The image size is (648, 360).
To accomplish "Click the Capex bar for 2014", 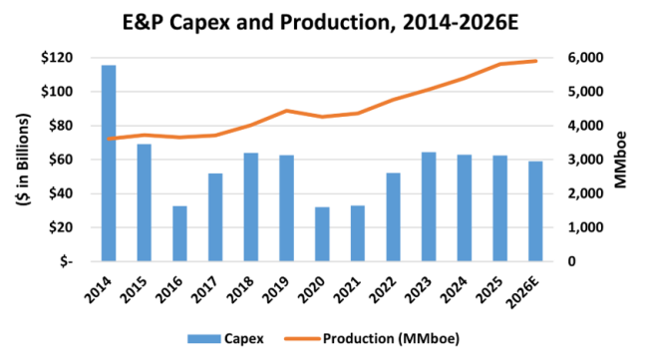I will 109,163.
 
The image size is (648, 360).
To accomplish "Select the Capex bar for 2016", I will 179,233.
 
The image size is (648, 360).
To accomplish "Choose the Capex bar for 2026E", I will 535,210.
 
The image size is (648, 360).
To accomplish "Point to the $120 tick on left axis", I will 74,58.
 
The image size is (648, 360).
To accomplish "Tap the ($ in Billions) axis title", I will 22,159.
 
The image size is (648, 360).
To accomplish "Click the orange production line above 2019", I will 287,111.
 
